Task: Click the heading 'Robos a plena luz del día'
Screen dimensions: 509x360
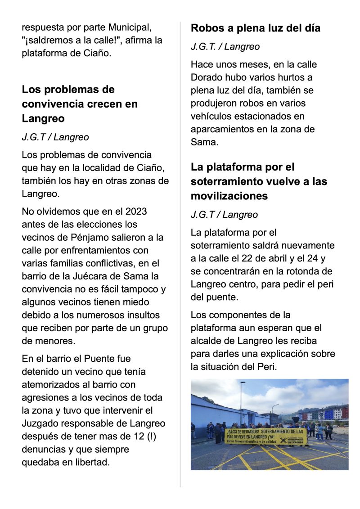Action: [256, 28]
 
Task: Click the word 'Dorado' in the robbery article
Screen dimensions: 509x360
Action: [206, 77]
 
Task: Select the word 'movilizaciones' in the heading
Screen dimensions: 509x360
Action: [229, 196]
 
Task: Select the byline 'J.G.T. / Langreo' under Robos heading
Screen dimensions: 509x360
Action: [225, 46]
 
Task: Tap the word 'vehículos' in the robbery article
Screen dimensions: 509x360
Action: [212, 116]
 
